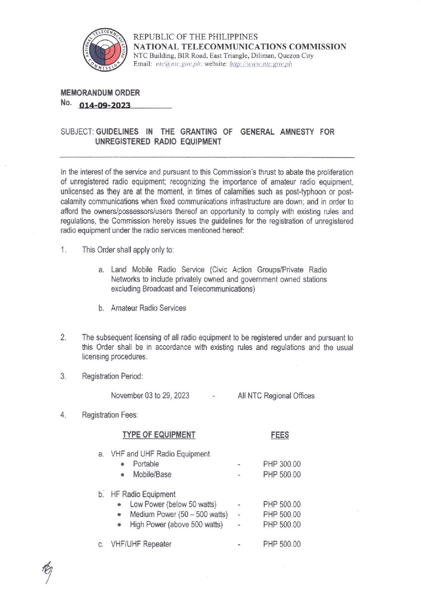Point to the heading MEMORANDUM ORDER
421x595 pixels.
tap(100, 93)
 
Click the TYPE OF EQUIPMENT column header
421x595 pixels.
tap(159, 435)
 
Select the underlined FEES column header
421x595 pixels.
tap(280, 435)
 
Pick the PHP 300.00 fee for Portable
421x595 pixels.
tap(282, 464)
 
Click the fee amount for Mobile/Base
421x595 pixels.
tap(282, 474)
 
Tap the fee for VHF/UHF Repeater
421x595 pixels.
tap(282, 544)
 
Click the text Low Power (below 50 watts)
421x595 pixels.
tap(173, 504)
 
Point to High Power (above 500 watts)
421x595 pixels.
tap(176, 525)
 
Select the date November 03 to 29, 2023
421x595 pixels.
tap(150, 396)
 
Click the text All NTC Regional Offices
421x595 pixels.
tap(276, 396)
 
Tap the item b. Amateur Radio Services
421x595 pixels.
tap(142, 308)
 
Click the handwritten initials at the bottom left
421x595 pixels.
tap(48, 573)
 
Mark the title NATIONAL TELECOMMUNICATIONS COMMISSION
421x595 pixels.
tap(240, 46)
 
